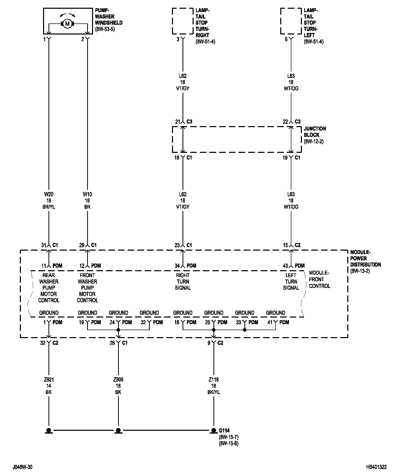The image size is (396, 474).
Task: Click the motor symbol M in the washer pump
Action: (67, 24)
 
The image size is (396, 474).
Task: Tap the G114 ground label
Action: (224, 430)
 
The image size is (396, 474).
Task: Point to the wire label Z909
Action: (118, 380)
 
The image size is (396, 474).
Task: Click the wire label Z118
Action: (214, 380)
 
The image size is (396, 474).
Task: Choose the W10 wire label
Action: (87, 194)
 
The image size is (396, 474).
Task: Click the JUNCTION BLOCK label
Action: (315, 132)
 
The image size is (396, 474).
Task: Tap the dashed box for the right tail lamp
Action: (183, 21)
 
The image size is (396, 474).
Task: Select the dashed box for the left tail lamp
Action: (291, 21)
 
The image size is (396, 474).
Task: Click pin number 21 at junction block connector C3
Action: (177, 122)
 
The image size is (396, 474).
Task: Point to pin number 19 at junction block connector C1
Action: (285, 158)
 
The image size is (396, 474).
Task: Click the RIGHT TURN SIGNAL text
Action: (183, 282)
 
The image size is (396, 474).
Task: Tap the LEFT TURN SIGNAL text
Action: (291, 282)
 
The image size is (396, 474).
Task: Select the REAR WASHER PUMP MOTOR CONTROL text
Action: (49, 288)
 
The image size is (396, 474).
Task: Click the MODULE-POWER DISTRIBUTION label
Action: (365, 258)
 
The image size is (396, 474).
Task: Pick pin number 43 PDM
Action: (285, 266)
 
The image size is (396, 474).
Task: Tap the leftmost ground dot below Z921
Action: (48, 430)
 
